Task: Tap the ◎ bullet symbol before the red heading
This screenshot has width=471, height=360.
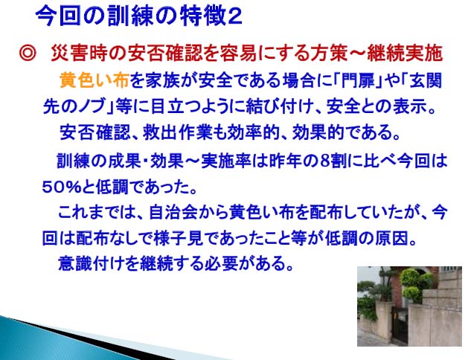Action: tap(28, 54)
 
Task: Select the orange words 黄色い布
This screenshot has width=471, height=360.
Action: tap(94, 80)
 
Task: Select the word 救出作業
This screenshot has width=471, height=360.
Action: tap(178, 132)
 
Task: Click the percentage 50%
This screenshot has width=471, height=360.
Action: tap(62, 187)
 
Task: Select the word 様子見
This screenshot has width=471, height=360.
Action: tap(179, 239)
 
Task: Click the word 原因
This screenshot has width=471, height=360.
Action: tap(391, 239)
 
